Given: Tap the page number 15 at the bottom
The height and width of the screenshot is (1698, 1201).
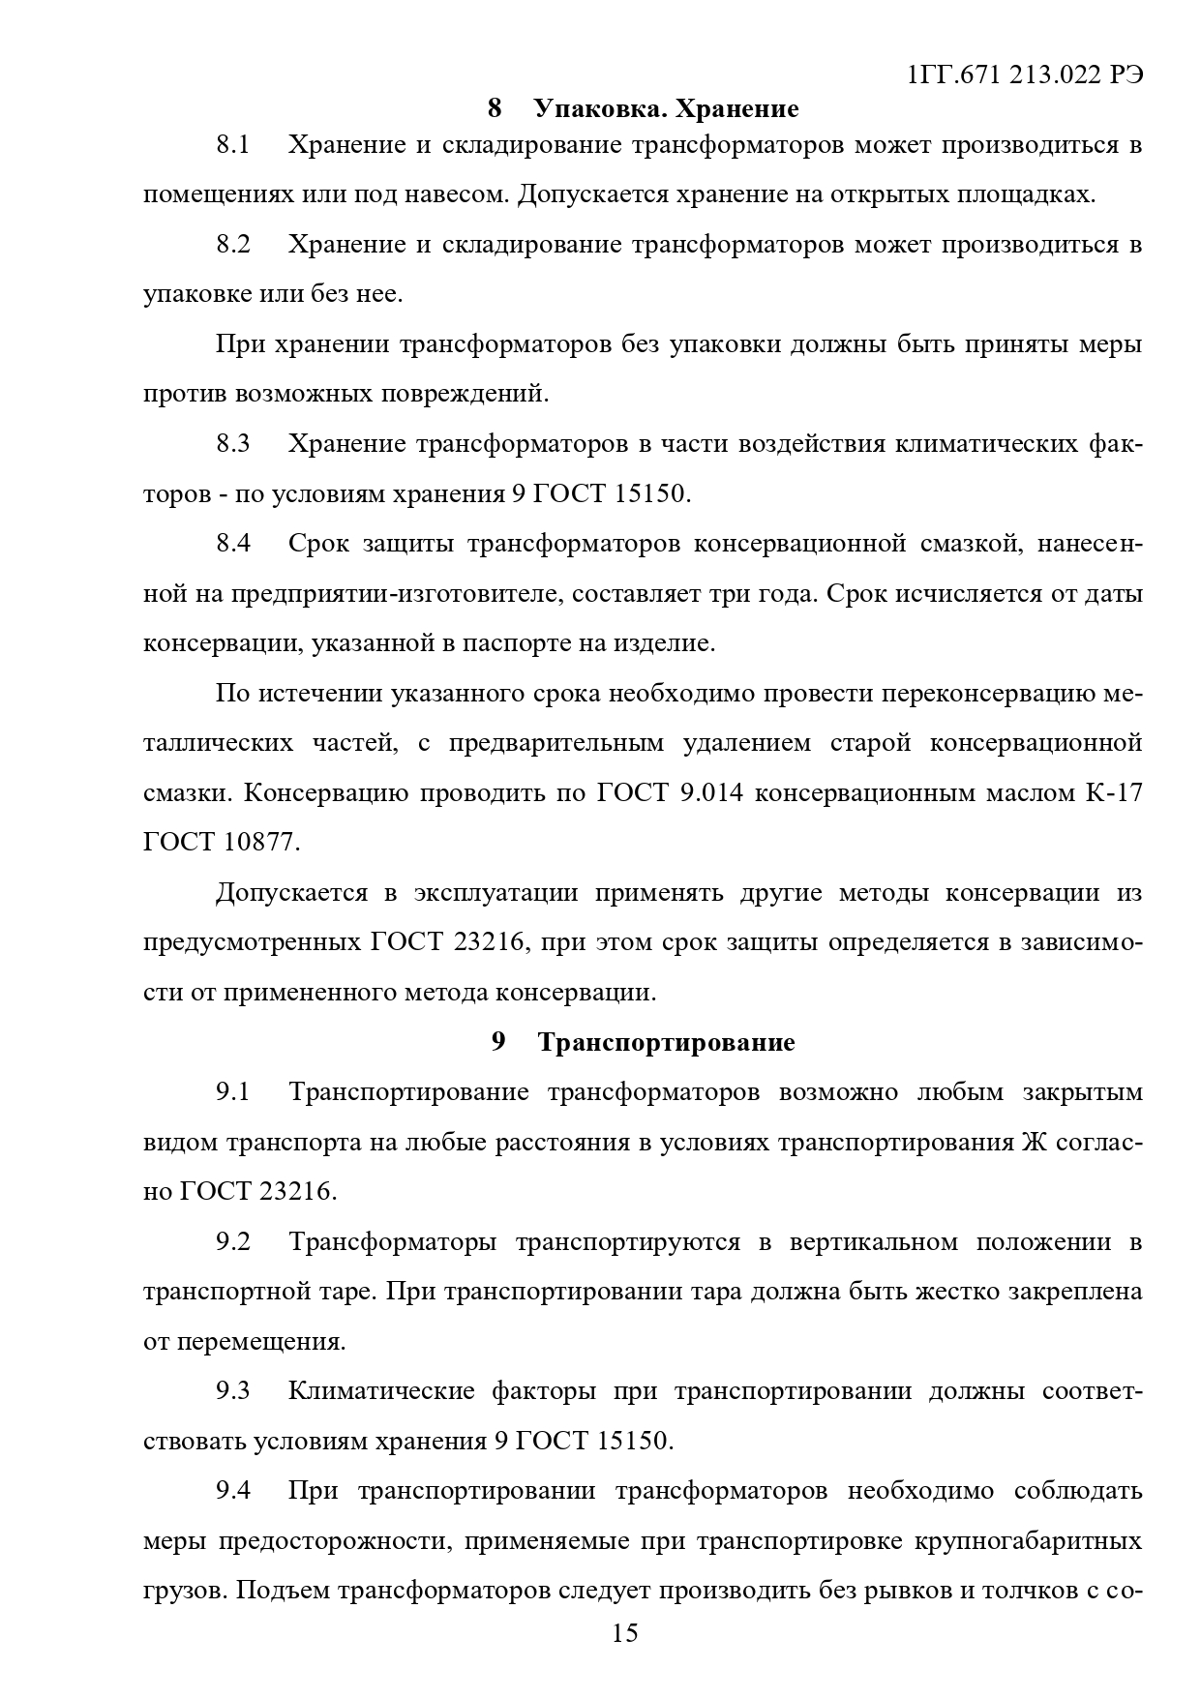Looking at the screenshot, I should pyautogui.click(x=625, y=1633).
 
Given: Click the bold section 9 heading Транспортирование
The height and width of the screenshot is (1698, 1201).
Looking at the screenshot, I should pyautogui.click(x=666, y=1042).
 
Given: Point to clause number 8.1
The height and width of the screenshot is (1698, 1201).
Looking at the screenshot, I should pyautogui.click(x=232, y=145).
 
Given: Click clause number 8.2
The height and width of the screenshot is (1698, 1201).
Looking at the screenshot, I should pyautogui.click(x=232, y=245).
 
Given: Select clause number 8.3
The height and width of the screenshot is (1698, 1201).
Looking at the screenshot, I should pyautogui.click(x=232, y=444).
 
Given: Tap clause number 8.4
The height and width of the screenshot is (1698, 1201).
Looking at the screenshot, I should pyautogui.click(x=232, y=544).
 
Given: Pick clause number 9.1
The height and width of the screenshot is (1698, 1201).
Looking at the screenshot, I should pyautogui.click(x=232, y=1092).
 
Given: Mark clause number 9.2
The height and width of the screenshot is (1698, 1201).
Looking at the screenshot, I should pyautogui.click(x=232, y=1241).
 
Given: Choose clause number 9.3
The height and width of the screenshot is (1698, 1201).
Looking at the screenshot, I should pyautogui.click(x=232, y=1391).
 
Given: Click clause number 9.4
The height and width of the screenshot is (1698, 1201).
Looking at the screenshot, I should pyautogui.click(x=232, y=1491).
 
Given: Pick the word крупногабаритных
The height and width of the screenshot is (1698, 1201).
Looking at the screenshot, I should pyautogui.click(x=1028, y=1540).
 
